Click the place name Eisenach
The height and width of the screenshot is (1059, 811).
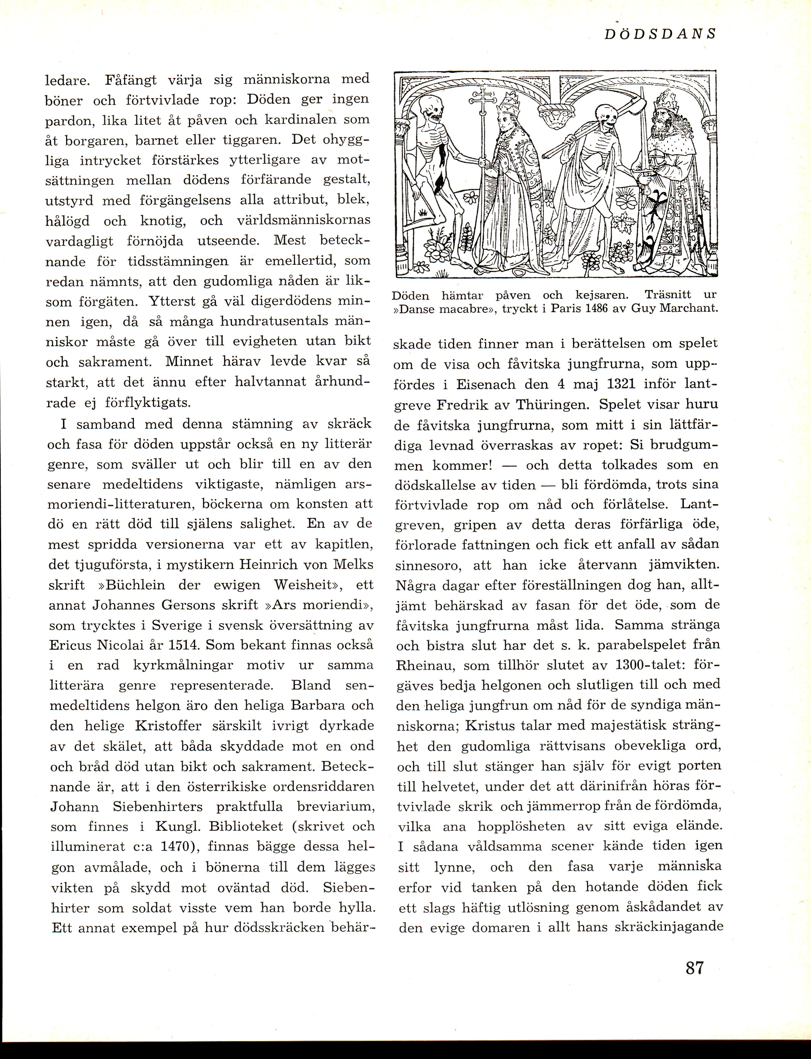click(x=489, y=385)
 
